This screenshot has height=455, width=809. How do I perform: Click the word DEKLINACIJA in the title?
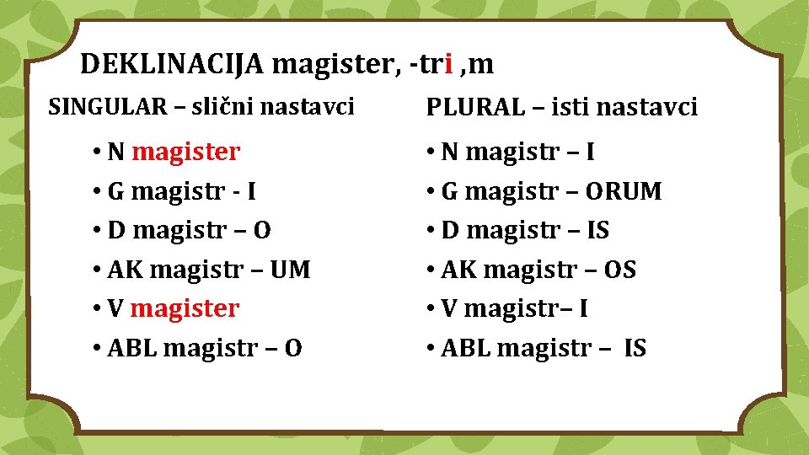[x=173, y=64]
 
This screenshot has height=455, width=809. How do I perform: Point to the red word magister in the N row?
[x=186, y=153]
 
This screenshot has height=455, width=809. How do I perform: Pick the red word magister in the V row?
[x=185, y=308]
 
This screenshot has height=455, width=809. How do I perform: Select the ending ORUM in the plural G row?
[x=621, y=192]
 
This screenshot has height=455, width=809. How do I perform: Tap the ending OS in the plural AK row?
[x=620, y=270]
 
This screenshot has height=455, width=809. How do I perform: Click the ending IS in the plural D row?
[x=597, y=231]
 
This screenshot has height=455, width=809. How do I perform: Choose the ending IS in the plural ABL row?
[x=635, y=348]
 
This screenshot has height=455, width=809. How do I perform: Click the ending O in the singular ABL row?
[x=292, y=348]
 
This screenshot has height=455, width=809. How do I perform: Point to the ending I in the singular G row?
[x=251, y=192]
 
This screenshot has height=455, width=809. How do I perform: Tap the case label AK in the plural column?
[x=458, y=270]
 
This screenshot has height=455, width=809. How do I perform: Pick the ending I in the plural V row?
[x=583, y=309]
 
